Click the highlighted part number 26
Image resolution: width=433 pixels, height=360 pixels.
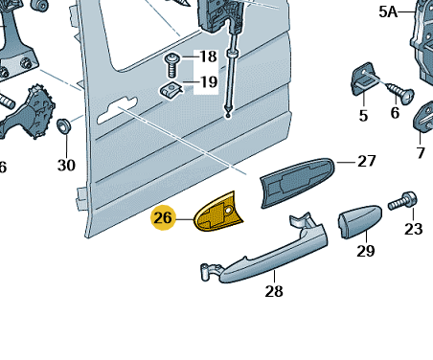(163, 218)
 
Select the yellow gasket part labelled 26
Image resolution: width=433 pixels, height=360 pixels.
(218, 213)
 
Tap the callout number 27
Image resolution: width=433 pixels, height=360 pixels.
(367, 161)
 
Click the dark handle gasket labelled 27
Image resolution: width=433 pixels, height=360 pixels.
(297, 182)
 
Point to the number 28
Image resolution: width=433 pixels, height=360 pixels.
(274, 291)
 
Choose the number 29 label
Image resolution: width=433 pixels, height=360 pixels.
(366, 251)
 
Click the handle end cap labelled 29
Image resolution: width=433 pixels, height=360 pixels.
(360, 221)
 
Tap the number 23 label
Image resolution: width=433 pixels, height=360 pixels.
(414, 229)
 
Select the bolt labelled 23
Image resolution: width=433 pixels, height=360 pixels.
(403, 201)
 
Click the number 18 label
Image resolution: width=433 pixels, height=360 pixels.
(209, 56)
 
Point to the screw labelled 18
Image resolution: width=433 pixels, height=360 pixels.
(172, 65)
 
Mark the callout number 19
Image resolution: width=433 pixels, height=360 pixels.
(209, 82)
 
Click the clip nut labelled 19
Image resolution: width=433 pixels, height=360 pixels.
(171, 89)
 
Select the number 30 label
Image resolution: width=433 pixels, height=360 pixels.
(66, 166)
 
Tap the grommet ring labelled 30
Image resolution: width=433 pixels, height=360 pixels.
(63, 125)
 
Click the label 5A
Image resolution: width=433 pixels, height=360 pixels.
(388, 12)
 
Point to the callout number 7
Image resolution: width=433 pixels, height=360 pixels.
(421, 152)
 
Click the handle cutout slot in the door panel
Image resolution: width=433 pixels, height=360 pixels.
(117, 109)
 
